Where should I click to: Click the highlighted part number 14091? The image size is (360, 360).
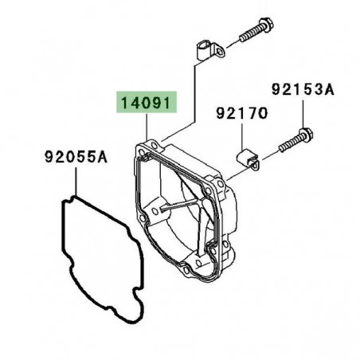click(146, 103)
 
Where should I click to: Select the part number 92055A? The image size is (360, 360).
click(76, 157)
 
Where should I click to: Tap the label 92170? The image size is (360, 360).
click(242, 113)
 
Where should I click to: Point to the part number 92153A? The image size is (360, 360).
click(303, 89)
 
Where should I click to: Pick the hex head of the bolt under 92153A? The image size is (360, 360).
click(306, 135)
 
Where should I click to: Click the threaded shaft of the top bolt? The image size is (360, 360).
click(251, 33)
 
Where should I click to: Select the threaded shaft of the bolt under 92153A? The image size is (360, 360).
click(290, 144)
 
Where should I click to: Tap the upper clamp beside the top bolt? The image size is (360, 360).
click(210, 49)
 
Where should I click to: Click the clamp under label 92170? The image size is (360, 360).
click(248, 159)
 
